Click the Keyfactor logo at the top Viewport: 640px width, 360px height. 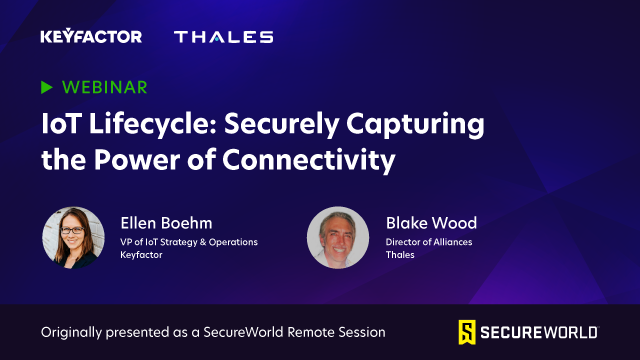(x=91, y=37)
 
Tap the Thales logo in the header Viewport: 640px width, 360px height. (x=223, y=37)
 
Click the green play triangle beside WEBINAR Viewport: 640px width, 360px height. (x=46, y=88)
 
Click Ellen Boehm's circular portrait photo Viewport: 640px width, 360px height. (x=73, y=238)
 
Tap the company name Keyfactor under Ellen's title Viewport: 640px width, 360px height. (x=142, y=256)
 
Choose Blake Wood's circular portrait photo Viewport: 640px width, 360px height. (x=337, y=238)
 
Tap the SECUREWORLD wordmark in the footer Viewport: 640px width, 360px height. (x=540, y=331)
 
